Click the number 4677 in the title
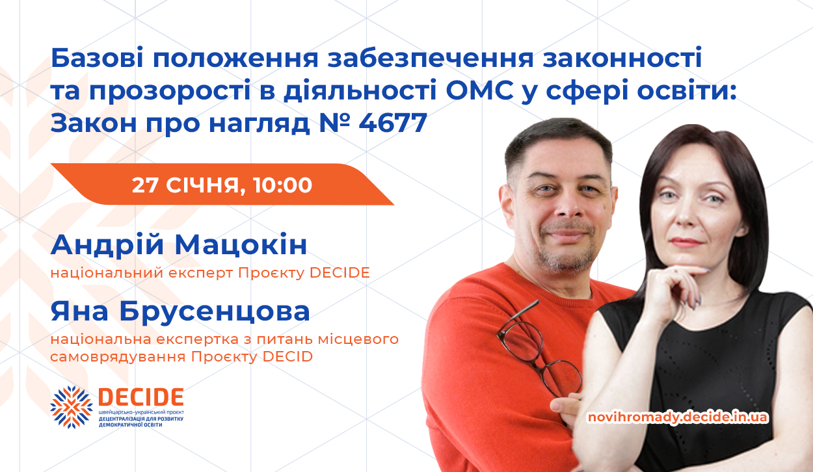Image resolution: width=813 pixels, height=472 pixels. click(x=393, y=123)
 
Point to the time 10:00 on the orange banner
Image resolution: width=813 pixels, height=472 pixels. click(x=282, y=185)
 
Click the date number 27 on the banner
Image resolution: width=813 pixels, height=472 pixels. click(x=145, y=185)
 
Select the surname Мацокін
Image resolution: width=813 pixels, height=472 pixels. click(x=241, y=245)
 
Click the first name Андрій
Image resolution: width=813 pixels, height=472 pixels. click(x=107, y=246)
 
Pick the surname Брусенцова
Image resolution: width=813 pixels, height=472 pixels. click(x=215, y=311)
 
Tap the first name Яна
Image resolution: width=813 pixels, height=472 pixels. click(x=79, y=312)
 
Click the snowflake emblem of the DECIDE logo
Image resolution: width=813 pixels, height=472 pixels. click(x=72, y=407)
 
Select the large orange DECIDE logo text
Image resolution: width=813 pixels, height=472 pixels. click(x=141, y=397)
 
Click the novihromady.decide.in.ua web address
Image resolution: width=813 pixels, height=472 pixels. click(x=678, y=417)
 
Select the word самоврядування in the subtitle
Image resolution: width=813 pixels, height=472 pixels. click(x=118, y=357)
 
